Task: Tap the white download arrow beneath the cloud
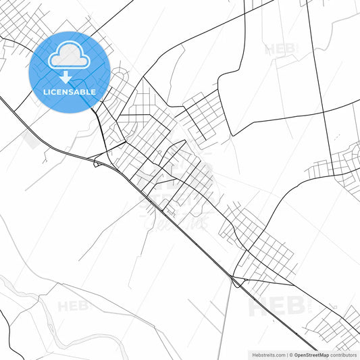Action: point(65,76)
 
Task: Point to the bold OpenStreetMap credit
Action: point(311,354)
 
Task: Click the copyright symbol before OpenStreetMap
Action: point(290,354)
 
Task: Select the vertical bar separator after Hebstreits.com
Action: point(286,354)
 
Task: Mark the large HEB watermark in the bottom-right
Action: point(277,307)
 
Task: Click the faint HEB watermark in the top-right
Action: point(280,49)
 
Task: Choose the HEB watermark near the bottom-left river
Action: point(73,306)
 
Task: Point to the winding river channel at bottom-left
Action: point(41,297)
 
